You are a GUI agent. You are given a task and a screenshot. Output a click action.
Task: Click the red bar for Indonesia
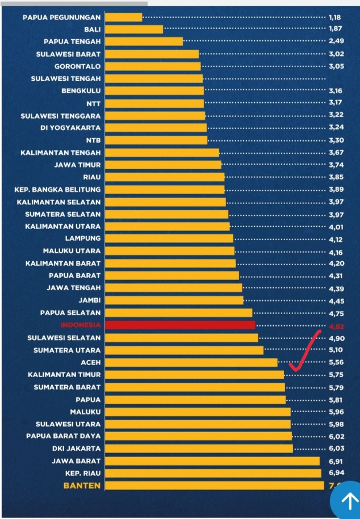tap(180, 325)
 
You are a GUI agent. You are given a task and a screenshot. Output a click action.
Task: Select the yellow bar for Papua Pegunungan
tap(124, 18)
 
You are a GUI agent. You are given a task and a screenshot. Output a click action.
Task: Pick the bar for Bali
tap(134, 30)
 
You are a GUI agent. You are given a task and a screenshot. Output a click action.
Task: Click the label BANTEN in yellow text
tap(82, 485)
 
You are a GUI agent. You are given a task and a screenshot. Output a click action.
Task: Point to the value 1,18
tap(334, 18)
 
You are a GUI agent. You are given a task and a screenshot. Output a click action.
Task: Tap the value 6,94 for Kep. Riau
tap(336, 473)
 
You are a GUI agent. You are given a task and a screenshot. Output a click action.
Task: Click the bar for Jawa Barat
tap(212, 461)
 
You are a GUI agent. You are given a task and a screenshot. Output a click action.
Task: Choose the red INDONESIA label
tap(80, 325)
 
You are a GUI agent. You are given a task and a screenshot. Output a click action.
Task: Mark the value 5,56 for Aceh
tap(336, 362)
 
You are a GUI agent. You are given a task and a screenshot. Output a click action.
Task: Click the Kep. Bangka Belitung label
tap(57, 190)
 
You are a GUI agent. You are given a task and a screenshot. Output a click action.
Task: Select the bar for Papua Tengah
tap(144, 41)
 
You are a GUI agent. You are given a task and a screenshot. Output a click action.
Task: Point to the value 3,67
tap(336, 153)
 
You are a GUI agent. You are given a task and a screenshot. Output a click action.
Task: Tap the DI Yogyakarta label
tap(70, 128)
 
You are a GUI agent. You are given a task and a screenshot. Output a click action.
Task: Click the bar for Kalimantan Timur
tap(194, 375)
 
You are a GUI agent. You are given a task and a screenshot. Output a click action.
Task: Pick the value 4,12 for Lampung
tap(336, 239)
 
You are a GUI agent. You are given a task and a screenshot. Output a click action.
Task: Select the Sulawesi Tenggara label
tap(61, 116)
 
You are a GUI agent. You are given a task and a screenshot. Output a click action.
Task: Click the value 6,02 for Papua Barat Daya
tap(336, 436)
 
